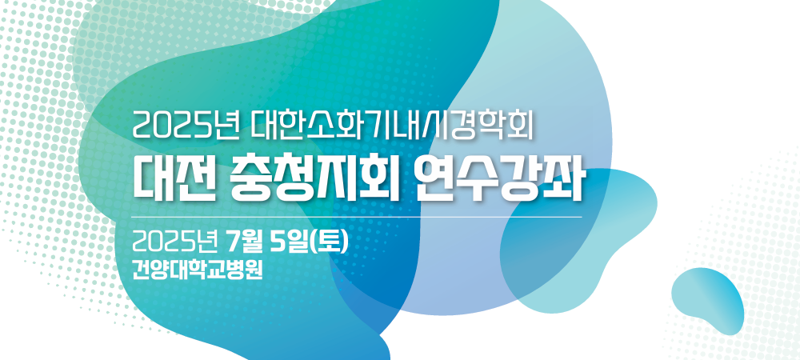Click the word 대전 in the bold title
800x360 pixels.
coord(171,182)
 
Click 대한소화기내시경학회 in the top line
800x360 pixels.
coord(392,125)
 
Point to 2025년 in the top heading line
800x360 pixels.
coord(186,125)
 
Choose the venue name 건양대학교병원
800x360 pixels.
coord(197,270)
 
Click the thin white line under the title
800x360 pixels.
coord(357,218)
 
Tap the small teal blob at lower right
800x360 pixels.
coord(708,299)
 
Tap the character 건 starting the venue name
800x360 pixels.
coord(141,270)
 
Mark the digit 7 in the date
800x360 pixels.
coord(233,242)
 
